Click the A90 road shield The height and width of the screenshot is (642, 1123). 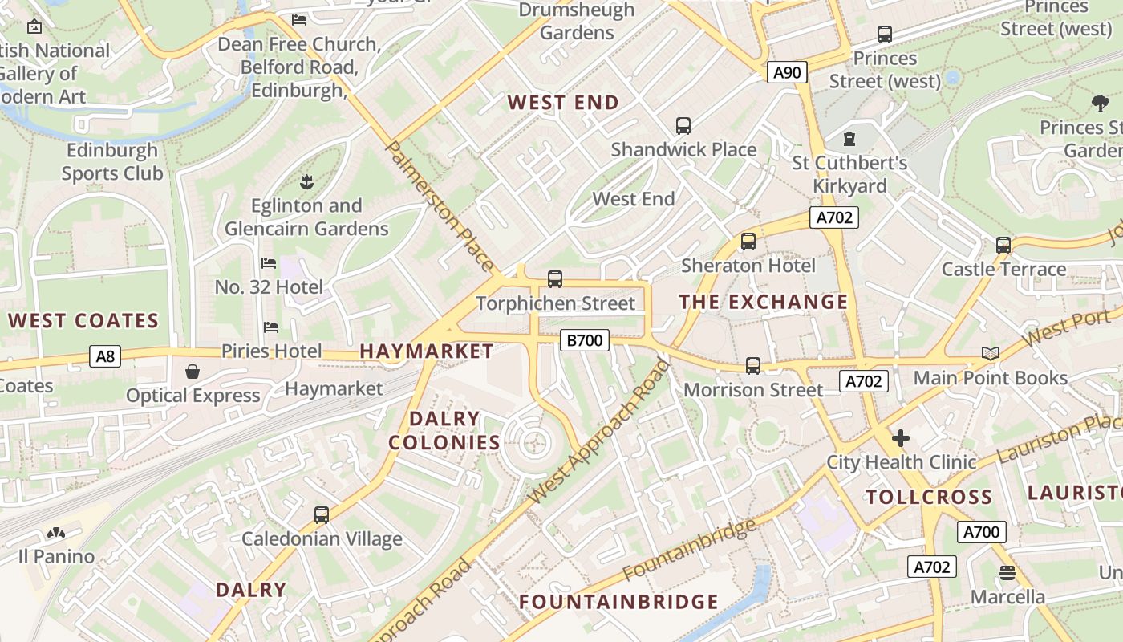point(786,73)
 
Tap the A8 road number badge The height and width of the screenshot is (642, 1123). point(105,356)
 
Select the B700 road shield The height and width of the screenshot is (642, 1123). point(584,340)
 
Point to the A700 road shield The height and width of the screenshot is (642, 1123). point(981,532)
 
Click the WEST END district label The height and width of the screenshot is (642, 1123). point(564,103)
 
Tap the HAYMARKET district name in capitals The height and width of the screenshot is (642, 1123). point(427,351)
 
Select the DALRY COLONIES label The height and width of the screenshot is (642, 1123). point(444,430)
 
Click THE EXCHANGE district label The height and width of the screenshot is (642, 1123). point(763,302)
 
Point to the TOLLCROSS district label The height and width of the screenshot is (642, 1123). point(929,497)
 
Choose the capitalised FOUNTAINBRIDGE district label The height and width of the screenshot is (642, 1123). point(618,601)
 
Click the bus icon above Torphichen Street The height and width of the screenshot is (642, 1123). point(554,279)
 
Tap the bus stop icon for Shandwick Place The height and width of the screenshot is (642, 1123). point(683,126)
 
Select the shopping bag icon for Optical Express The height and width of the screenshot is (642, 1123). point(193,372)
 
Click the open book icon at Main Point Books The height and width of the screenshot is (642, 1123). point(991,354)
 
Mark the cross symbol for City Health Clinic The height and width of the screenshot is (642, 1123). point(901,438)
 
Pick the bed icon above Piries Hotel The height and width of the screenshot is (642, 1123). point(271,327)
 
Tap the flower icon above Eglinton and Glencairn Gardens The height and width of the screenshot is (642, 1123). point(306,181)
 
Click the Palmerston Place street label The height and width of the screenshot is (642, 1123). point(440,205)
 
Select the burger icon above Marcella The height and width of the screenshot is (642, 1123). point(1007,573)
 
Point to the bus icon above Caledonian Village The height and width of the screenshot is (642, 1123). point(322,514)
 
